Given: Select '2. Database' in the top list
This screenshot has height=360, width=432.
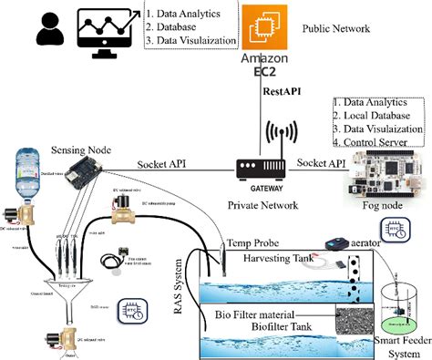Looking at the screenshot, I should (x=175, y=28).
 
